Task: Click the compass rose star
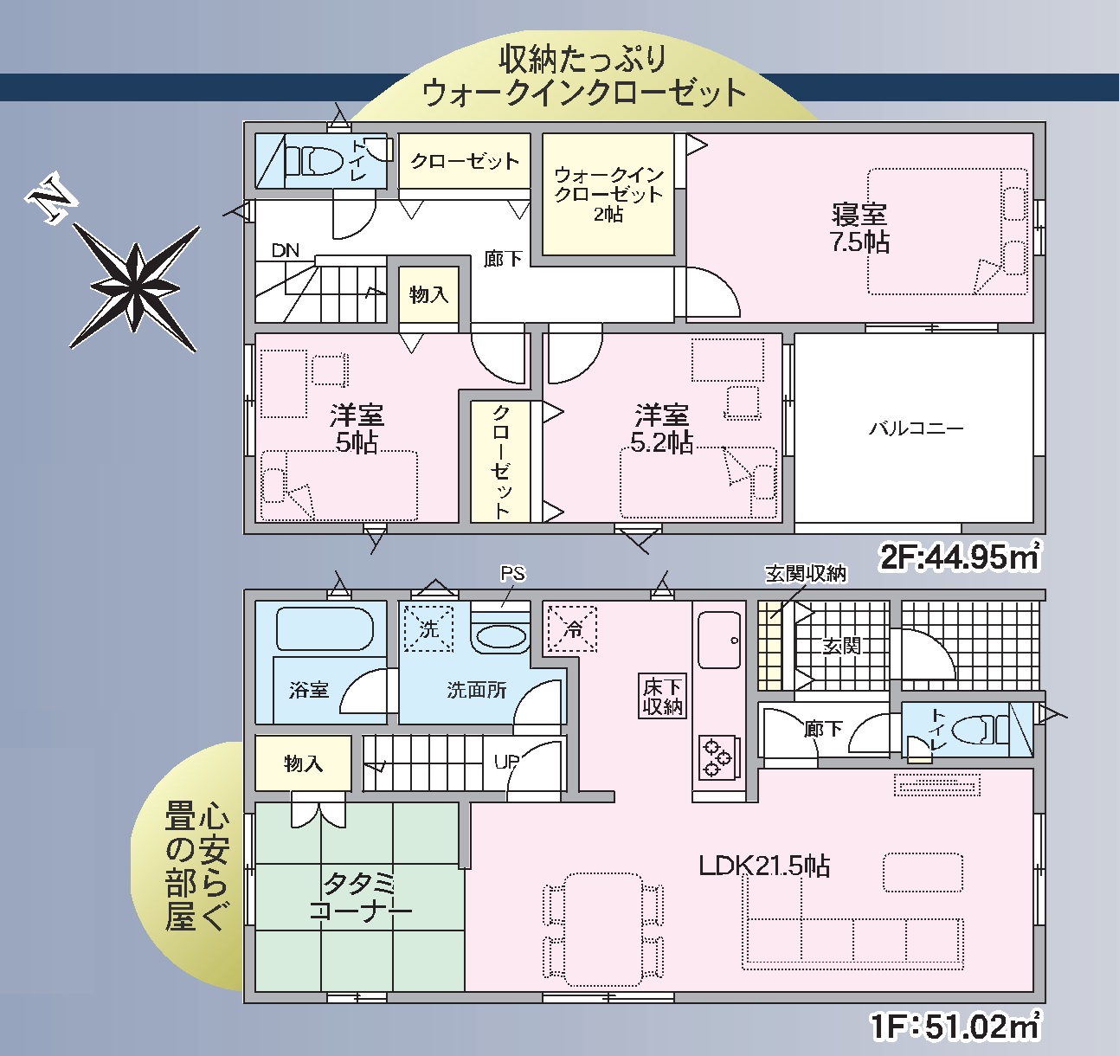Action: click(135, 287)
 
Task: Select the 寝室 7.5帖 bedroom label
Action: click(859, 228)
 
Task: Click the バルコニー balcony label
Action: click(916, 428)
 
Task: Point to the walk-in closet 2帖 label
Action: click(608, 194)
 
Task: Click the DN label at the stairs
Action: click(285, 250)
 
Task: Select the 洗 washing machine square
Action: click(428, 628)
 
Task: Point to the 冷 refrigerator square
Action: click(572, 628)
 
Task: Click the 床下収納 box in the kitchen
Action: click(662, 696)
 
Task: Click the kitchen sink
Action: click(719, 641)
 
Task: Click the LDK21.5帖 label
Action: click(764, 866)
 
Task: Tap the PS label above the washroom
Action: click(512, 573)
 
